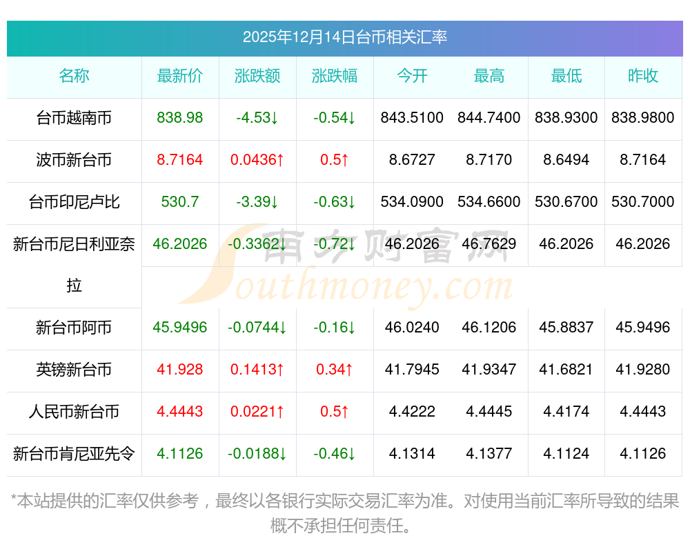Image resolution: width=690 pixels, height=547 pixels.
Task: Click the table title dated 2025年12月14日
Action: pos(344,37)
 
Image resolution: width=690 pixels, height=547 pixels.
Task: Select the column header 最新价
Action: pos(180,77)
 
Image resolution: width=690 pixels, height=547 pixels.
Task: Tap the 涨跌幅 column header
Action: pos(335,77)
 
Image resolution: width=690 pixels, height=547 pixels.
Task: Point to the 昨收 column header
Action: pos(643,77)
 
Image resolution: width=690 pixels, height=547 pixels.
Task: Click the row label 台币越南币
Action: pos(74,119)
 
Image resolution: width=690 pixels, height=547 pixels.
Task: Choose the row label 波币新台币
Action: pos(74,161)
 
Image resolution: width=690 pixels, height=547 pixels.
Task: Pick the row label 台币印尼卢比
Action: pos(74,203)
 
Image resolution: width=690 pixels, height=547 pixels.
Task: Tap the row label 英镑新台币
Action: pos(74,370)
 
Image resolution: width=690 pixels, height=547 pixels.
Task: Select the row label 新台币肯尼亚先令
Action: pos(74,455)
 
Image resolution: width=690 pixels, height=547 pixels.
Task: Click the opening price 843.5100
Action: pos(412,118)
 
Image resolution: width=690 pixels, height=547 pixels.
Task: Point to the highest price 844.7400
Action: pos(489,118)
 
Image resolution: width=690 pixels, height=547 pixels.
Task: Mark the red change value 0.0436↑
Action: pos(257,160)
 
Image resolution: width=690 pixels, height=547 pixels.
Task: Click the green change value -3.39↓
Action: pos(257,202)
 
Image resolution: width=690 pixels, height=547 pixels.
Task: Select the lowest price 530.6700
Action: pos(566,202)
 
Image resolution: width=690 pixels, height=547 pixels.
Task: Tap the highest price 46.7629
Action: pos(489,244)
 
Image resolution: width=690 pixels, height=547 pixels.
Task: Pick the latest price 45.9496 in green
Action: pos(180,328)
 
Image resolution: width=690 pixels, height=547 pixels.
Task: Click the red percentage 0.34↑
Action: pos(335,370)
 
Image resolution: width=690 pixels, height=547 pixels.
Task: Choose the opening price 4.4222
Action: pos(412,412)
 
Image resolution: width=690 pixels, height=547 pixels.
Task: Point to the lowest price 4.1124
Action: pos(566,454)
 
